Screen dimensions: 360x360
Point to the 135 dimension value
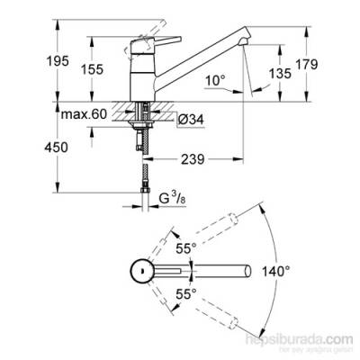[280, 74]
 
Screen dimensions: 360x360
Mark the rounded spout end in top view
[244, 269]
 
